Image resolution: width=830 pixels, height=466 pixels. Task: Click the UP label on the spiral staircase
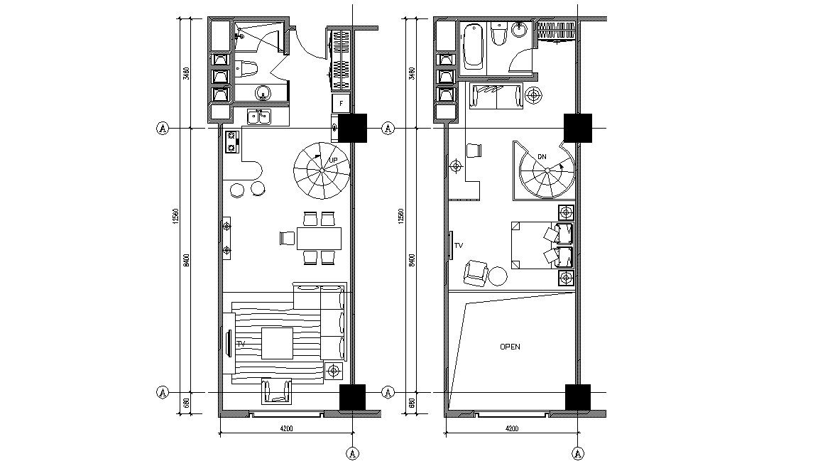(x=333, y=161)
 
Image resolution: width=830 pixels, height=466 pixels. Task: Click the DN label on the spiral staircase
(x=542, y=156)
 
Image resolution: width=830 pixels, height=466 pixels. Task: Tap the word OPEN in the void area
(x=510, y=347)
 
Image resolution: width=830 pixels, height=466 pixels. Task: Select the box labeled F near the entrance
(x=342, y=104)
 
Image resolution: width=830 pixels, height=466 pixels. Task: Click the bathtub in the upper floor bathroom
(x=473, y=48)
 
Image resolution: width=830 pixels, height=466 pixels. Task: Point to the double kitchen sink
(x=258, y=116)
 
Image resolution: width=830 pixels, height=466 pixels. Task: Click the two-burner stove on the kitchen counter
(x=231, y=141)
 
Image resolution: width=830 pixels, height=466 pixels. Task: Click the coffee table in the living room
(x=277, y=343)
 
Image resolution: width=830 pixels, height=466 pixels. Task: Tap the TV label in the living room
(x=241, y=344)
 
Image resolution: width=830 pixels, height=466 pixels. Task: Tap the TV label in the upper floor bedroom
(x=459, y=244)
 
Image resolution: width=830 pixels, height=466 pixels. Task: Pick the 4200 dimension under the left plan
(x=286, y=428)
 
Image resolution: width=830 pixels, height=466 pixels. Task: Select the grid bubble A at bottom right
(x=579, y=453)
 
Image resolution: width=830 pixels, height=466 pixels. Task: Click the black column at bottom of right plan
(x=577, y=397)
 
